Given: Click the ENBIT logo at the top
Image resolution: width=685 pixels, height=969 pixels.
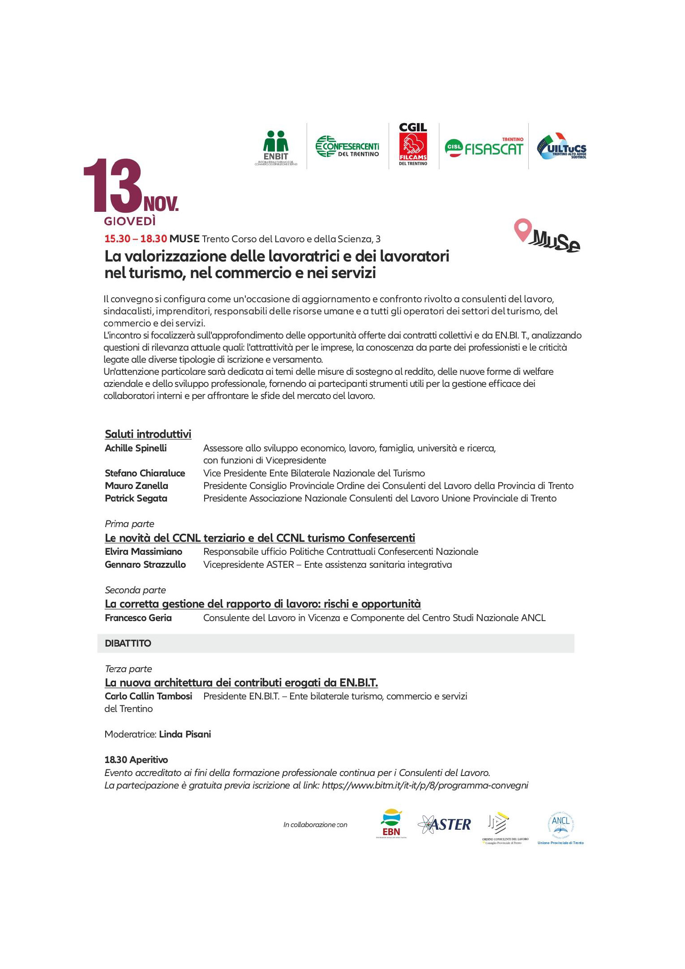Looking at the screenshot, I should (x=276, y=148).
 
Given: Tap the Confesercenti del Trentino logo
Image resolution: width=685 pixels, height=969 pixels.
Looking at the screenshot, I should (x=347, y=146).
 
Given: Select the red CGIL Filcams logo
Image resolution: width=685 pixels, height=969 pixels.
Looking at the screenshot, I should (x=413, y=145).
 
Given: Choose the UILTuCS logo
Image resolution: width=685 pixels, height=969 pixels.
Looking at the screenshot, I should (x=562, y=146).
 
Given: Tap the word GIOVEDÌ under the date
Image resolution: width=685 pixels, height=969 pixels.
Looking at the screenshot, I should (x=130, y=221).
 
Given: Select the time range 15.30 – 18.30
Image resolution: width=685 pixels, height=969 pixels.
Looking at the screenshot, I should (x=136, y=239).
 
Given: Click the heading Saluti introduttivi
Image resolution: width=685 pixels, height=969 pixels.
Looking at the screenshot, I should (x=148, y=434).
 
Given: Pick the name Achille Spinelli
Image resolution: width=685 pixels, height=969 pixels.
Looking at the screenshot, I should (x=136, y=448).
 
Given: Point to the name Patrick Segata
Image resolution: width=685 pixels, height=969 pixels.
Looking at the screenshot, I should (x=136, y=498).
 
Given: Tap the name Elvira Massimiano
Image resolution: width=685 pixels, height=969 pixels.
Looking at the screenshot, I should (x=143, y=552).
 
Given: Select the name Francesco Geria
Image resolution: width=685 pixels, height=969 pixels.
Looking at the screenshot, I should (x=138, y=618).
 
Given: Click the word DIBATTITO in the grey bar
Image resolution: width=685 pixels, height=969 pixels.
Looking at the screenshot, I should (x=128, y=643).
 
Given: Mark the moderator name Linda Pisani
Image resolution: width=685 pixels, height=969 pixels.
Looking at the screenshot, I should (x=185, y=734).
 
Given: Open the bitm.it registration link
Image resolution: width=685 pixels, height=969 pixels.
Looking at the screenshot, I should (x=425, y=785).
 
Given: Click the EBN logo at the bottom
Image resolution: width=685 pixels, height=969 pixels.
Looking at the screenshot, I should (x=391, y=824).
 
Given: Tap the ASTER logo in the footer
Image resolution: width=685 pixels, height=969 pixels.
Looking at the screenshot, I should (x=444, y=824).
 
